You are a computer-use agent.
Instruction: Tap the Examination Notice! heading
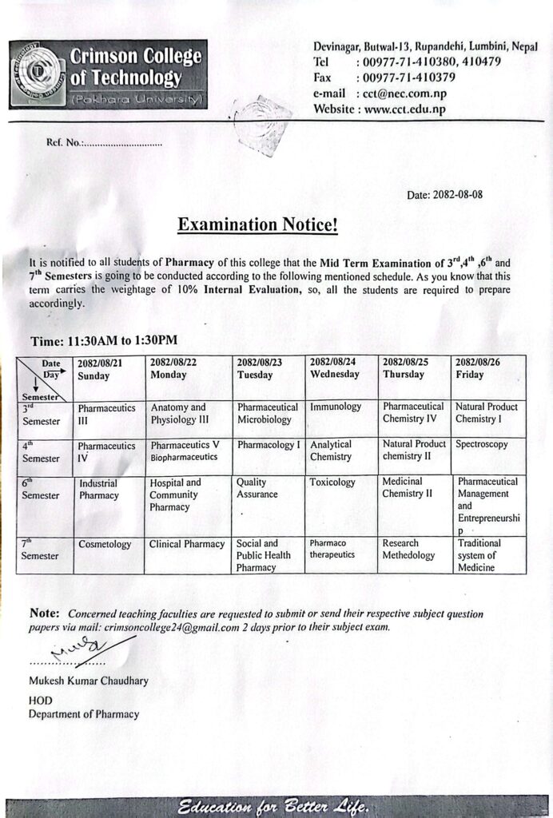[258, 225]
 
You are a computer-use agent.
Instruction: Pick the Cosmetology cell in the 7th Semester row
[105, 544]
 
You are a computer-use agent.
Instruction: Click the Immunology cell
[336, 407]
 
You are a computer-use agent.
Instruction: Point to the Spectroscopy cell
[481, 444]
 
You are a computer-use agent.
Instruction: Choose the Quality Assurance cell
[257, 488]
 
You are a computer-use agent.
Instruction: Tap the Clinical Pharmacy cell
[187, 544]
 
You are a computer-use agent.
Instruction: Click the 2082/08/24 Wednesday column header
[334, 368]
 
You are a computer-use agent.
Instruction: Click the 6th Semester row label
[40, 490]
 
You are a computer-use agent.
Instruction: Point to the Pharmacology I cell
[269, 444]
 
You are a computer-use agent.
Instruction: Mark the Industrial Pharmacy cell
[98, 489]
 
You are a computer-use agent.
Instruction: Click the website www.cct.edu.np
[404, 109]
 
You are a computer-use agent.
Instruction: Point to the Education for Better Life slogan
[274, 804]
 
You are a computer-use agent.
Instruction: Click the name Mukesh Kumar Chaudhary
[88, 681]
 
